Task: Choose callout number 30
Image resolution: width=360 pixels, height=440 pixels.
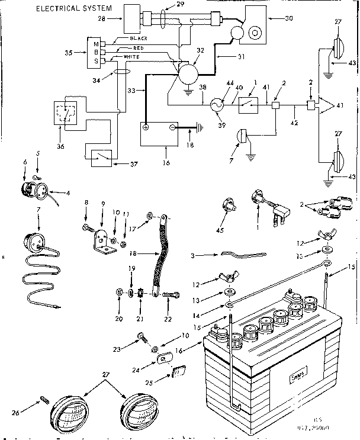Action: coord(274,19)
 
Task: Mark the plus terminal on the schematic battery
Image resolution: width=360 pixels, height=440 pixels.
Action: coord(147,127)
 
